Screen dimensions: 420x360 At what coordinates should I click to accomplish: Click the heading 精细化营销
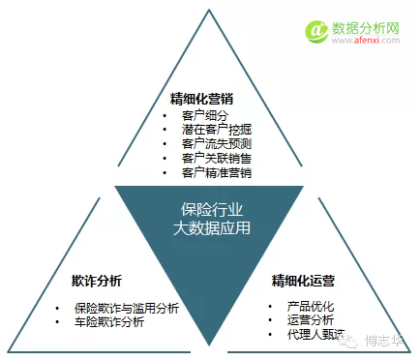click(201, 99)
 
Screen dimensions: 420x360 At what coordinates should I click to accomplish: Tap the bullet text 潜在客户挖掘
click(216, 129)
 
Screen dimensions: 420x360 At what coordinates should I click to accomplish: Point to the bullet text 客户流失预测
click(216, 143)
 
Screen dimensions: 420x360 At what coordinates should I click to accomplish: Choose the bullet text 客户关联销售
click(216, 158)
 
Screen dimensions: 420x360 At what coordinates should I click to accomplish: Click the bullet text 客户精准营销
click(216, 172)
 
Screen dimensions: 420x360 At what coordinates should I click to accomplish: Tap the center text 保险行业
click(211, 210)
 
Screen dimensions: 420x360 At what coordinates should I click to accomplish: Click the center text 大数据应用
click(211, 228)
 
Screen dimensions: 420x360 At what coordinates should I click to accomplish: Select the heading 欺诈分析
click(97, 282)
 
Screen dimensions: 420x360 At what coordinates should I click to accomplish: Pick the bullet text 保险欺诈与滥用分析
click(127, 308)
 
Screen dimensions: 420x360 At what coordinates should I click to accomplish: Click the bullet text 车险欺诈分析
click(109, 321)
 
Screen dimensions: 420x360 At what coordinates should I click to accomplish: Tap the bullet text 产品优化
click(297, 306)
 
